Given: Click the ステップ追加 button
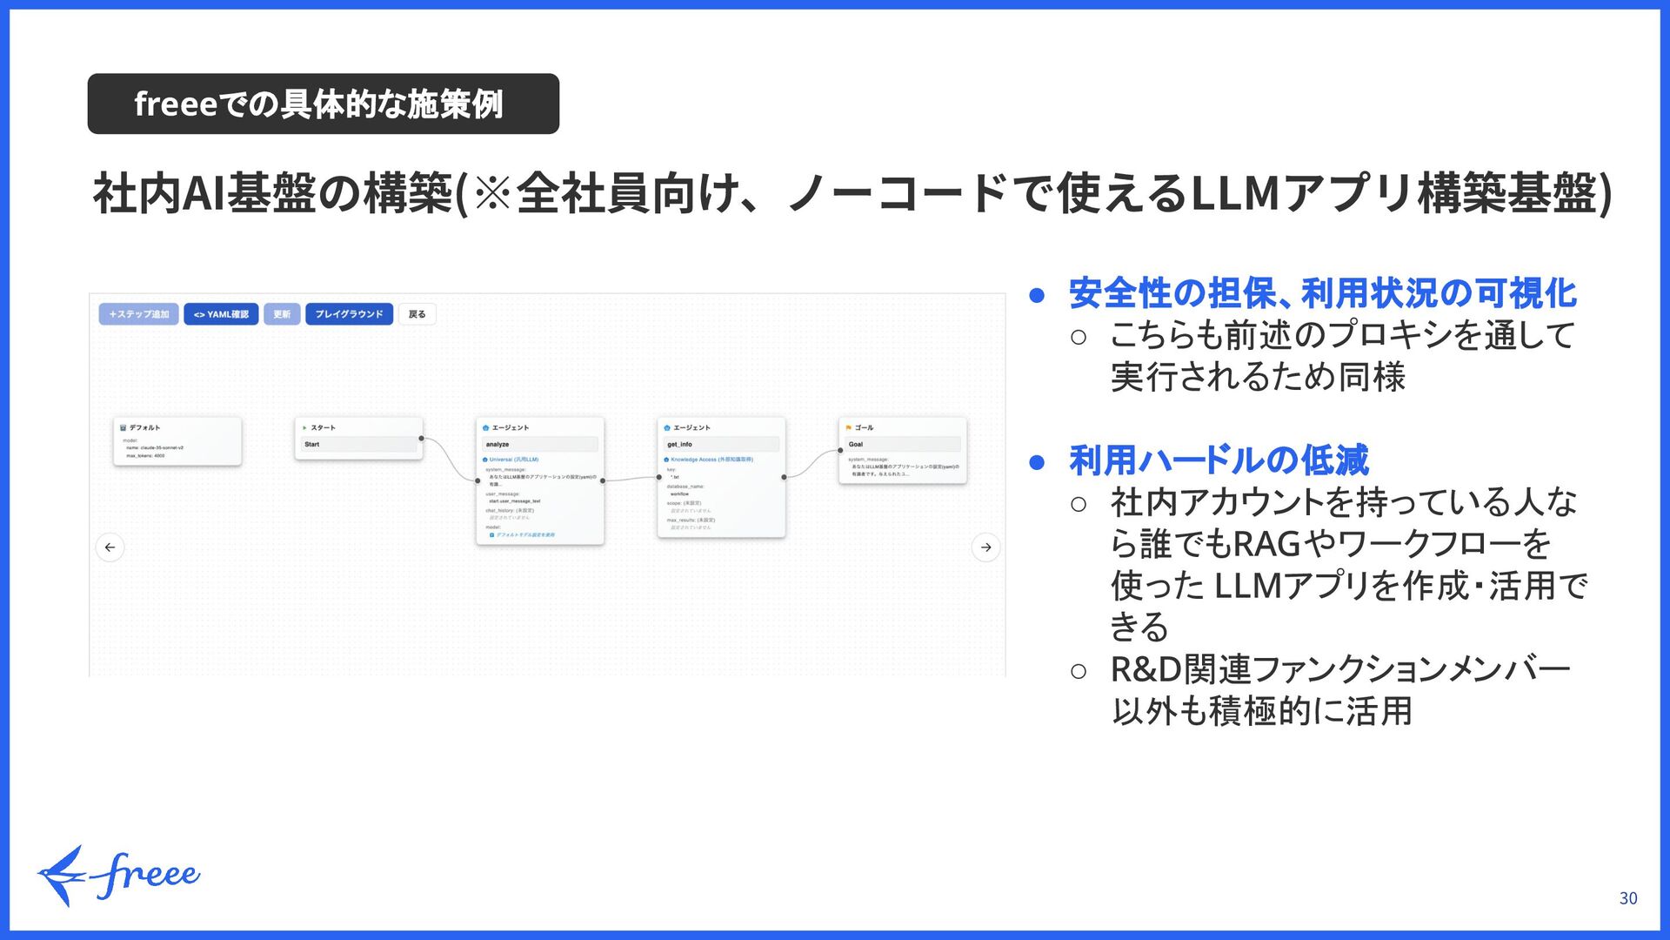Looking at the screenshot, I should [139, 314].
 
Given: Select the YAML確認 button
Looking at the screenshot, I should [221, 314].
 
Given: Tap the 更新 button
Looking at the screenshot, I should [282, 314].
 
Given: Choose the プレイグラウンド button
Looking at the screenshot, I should [349, 314].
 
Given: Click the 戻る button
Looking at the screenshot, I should [417, 314].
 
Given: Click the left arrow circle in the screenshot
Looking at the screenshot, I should [110, 547].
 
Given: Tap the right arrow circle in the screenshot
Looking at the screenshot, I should [985, 547].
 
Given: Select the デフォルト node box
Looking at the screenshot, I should [177, 441].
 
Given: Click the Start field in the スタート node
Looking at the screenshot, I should [358, 445].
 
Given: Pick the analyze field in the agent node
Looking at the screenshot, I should [540, 445].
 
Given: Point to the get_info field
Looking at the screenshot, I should [721, 445].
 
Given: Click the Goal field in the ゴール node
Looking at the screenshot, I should [903, 445].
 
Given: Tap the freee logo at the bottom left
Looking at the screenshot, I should [119, 875].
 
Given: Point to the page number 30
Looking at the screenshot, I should [1628, 898].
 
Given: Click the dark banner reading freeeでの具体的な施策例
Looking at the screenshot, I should [323, 104].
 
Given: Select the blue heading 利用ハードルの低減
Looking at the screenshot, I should [1219, 460].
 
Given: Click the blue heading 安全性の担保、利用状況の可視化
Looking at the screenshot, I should [1322, 293].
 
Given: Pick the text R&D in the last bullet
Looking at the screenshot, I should [1146, 670].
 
